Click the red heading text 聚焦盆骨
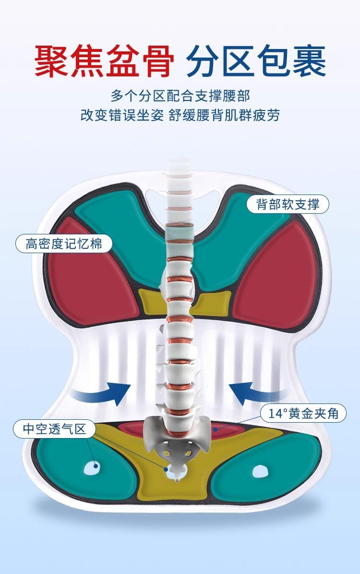click(105, 61)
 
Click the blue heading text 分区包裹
click(256, 61)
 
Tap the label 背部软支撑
click(288, 204)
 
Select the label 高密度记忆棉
click(64, 244)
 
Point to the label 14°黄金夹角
click(303, 413)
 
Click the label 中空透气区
click(55, 428)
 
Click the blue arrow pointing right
click(102, 393)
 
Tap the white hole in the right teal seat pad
click(261, 471)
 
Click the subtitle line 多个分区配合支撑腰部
click(180, 96)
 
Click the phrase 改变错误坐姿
click(122, 115)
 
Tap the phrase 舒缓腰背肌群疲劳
click(224, 115)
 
